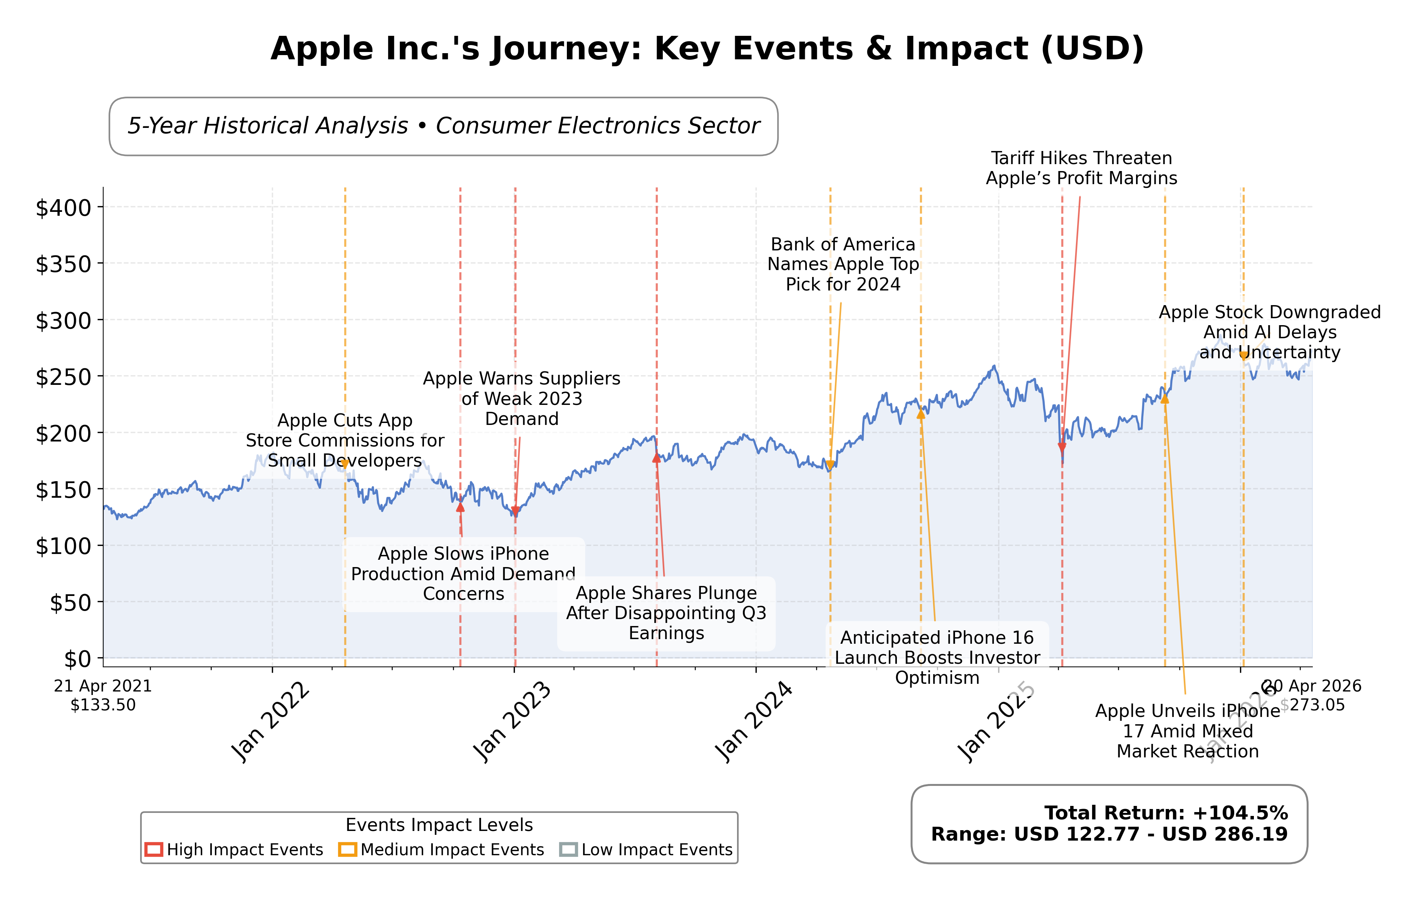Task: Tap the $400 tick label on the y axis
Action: [x=64, y=208]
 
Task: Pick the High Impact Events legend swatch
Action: [x=154, y=850]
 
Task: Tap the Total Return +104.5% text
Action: [x=1166, y=813]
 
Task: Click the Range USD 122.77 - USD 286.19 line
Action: [x=1109, y=834]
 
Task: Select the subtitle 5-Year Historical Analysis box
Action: [x=443, y=126]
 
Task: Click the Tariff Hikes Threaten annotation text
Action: [x=1081, y=168]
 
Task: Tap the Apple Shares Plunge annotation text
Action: [x=666, y=613]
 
